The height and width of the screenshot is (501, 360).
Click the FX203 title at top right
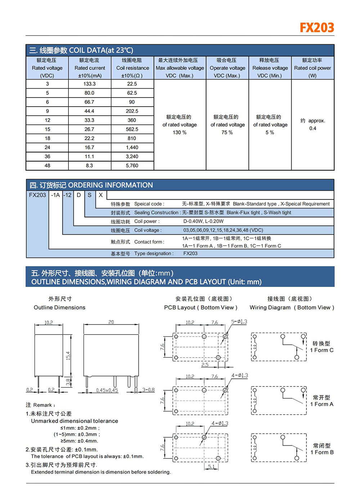coord(317,28)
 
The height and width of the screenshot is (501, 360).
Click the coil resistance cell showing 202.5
coord(132,111)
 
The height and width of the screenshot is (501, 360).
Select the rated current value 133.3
coord(89,84)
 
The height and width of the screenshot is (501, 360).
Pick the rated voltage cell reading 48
coord(47,166)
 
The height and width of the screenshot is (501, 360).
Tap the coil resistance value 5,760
coord(132,166)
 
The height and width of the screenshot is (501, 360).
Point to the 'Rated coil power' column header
coord(312,68)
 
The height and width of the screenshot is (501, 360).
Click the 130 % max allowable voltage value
coord(180,133)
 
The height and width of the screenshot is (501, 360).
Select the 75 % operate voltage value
coord(227,133)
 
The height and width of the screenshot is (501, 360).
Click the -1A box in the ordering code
coord(55,195)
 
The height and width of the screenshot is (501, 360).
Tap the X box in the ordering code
coord(101,195)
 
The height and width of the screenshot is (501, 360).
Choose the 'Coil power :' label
coord(147,222)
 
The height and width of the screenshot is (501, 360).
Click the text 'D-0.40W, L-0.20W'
coord(203,222)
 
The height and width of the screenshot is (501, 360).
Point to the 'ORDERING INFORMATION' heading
coord(111,185)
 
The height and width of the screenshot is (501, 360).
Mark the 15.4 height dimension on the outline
coord(68,356)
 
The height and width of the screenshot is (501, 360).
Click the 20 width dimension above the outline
coord(111,322)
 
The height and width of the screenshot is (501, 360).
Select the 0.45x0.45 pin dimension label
coord(107,390)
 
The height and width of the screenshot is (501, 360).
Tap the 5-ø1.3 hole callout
coord(239,322)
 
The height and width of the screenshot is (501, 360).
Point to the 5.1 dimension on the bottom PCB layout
coord(211,467)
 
